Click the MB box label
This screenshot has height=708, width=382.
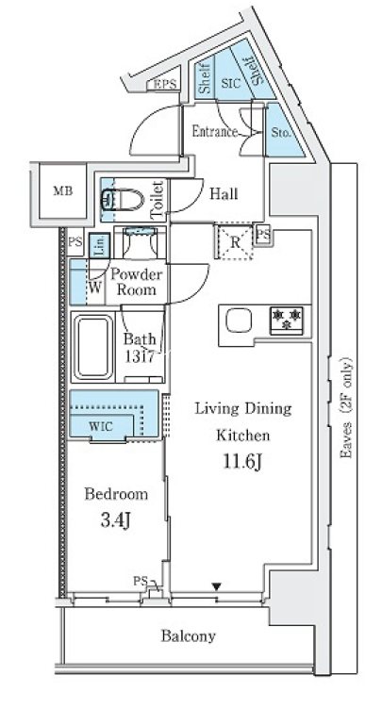pyautogui.click(x=62, y=191)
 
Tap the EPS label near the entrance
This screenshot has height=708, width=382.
pyautogui.click(x=165, y=86)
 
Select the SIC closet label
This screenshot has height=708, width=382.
pyautogui.click(x=230, y=84)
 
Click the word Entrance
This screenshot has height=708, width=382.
pyautogui.click(x=214, y=132)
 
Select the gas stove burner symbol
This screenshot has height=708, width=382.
pyautogui.click(x=282, y=320)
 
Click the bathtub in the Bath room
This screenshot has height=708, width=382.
pyautogui.click(x=95, y=346)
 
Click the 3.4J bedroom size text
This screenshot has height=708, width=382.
pyautogui.click(x=117, y=520)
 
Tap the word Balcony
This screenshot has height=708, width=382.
pyautogui.click(x=189, y=636)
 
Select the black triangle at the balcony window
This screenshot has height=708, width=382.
pyautogui.click(x=217, y=587)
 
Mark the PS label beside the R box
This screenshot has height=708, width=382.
pyautogui.click(x=262, y=234)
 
